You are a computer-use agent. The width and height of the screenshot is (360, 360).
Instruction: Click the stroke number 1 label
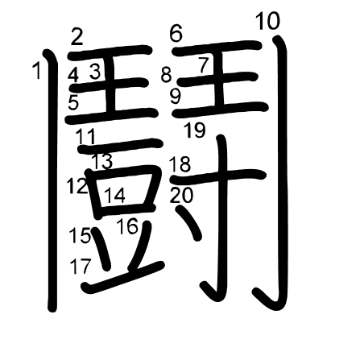(37, 70)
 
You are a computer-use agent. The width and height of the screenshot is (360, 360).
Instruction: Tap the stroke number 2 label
(77, 37)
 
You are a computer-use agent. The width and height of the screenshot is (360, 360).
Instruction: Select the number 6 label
(176, 33)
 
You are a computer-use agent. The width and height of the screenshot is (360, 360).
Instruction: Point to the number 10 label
(267, 21)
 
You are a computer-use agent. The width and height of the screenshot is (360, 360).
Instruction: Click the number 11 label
(86, 136)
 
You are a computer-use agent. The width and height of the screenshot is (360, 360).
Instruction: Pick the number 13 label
(102, 161)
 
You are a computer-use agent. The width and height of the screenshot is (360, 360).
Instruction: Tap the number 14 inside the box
(114, 195)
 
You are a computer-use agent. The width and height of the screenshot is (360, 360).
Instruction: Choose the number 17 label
(81, 266)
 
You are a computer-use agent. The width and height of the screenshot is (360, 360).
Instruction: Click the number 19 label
(195, 130)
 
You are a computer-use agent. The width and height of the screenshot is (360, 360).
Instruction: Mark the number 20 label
(181, 195)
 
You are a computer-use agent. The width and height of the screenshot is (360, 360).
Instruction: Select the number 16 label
(128, 226)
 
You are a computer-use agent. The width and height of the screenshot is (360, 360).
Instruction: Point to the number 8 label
(166, 75)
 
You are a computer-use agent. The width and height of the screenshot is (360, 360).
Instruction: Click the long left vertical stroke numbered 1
(52, 180)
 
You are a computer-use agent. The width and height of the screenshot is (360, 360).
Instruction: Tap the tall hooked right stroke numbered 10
(281, 172)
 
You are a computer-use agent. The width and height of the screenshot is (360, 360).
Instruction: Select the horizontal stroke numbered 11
(120, 145)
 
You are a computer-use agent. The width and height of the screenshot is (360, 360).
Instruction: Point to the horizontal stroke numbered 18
(219, 176)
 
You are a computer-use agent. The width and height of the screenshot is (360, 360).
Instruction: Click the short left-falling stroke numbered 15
(101, 249)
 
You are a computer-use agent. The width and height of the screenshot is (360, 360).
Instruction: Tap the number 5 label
(73, 103)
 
